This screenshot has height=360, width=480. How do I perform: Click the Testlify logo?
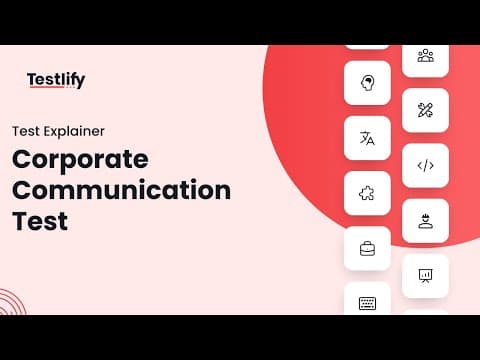point(56,80)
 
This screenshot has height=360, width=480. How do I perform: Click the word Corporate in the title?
point(80,161)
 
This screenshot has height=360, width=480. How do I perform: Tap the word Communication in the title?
point(121,190)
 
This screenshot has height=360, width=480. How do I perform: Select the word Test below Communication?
point(40,221)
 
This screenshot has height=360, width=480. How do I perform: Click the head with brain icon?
point(368,83)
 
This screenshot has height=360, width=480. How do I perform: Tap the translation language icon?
point(367,138)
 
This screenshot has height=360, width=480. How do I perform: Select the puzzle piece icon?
point(367,193)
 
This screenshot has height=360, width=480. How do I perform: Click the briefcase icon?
point(367,249)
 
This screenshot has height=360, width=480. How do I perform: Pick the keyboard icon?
point(367,303)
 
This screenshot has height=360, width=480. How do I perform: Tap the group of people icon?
point(426,56)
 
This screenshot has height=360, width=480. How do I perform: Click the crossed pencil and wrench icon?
point(425,110)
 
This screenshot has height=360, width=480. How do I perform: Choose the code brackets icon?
point(426,166)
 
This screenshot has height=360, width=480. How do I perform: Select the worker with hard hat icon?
point(426,221)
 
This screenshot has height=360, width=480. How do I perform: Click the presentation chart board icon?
point(425,276)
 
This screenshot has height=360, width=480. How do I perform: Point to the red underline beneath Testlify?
point(47,87)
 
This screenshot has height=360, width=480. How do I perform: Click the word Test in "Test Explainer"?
point(26,131)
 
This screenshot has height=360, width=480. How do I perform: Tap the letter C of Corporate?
point(22,159)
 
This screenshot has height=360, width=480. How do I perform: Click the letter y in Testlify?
point(80,82)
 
